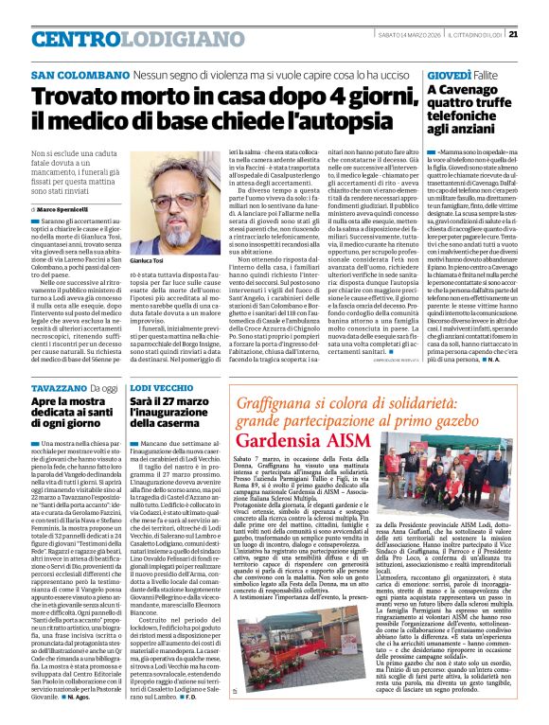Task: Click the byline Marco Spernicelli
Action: (x=63, y=208)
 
